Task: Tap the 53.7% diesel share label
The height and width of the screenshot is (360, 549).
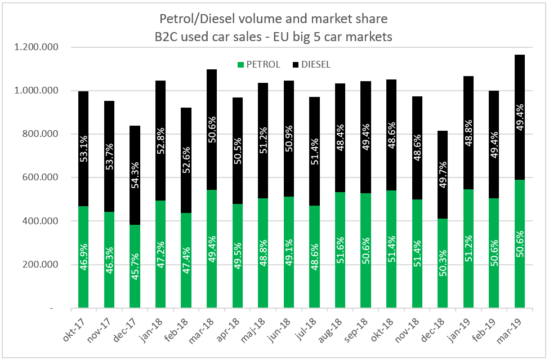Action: pyautogui.click(x=109, y=159)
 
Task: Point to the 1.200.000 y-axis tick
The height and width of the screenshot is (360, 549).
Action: pyautogui.click(x=38, y=47)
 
